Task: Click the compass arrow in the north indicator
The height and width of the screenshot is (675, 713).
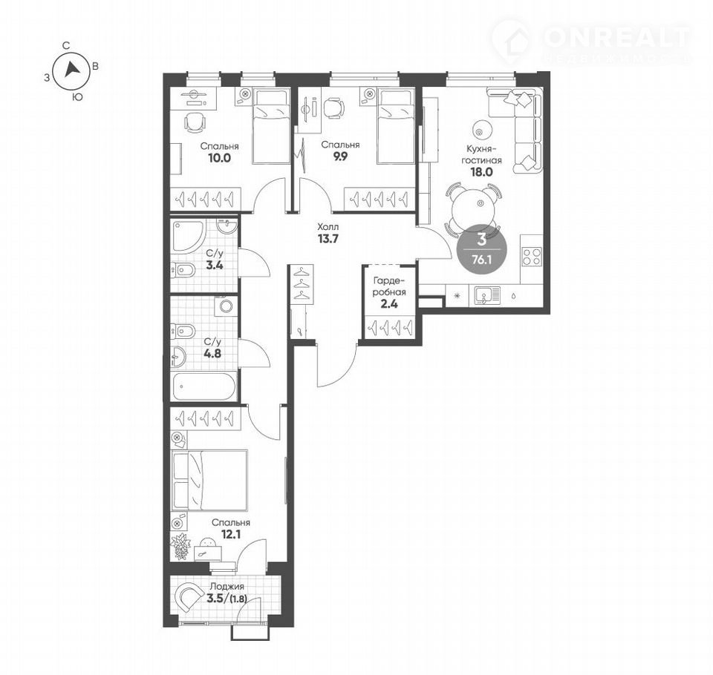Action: tap(71, 69)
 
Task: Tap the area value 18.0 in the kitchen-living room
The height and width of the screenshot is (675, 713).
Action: tap(481, 171)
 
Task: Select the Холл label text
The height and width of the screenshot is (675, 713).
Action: tap(328, 226)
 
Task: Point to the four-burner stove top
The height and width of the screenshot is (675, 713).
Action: tap(532, 255)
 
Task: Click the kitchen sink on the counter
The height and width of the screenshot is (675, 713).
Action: tap(487, 295)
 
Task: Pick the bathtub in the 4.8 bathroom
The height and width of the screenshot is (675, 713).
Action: tap(204, 386)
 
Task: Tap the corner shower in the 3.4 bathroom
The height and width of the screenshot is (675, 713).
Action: tap(189, 236)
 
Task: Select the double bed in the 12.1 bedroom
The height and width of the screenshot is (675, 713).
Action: tap(209, 481)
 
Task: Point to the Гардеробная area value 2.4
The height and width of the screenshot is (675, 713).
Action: tap(389, 304)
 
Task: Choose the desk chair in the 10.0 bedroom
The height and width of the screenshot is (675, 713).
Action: tap(195, 123)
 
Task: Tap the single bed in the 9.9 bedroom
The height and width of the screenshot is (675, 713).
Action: tap(395, 127)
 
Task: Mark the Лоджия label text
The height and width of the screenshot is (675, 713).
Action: tap(227, 587)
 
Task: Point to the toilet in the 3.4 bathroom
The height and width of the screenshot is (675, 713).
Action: tap(183, 270)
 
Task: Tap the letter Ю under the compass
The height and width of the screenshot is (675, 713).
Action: tap(78, 96)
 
